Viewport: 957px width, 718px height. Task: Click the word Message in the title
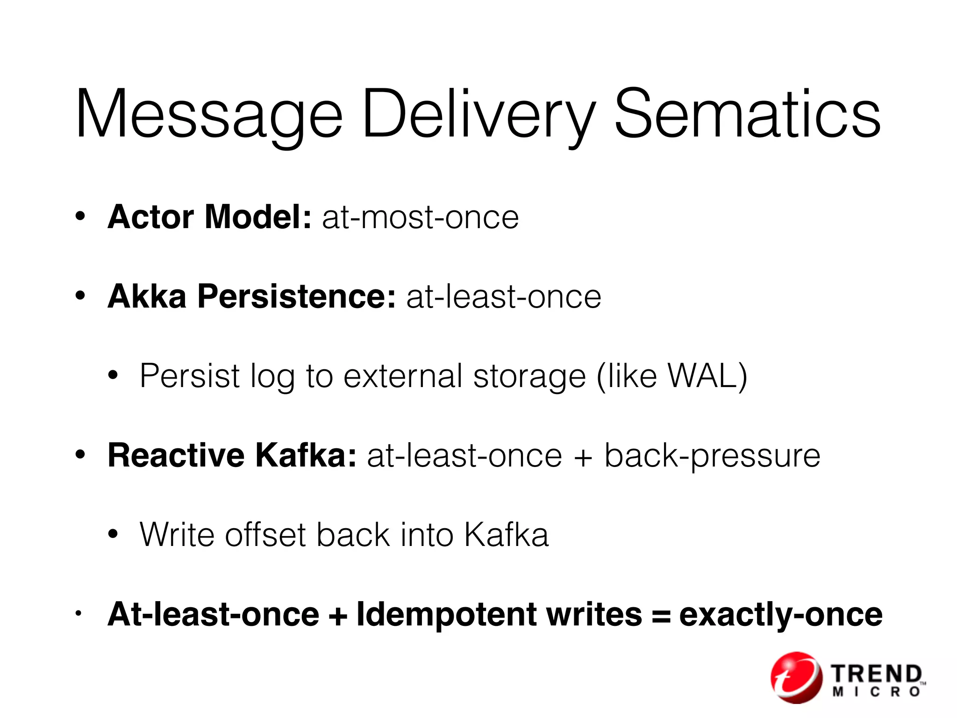[209, 115]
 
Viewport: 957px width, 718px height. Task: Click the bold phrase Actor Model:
[209, 217]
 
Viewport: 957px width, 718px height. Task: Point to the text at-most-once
[420, 217]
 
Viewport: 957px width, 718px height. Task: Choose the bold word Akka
[147, 296]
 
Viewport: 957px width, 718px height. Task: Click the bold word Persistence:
[297, 296]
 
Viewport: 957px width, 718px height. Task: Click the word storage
[529, 377]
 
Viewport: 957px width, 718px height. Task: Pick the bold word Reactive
[176, 455]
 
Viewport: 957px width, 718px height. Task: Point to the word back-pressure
[712, 456]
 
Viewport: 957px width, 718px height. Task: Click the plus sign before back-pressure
[583, 456]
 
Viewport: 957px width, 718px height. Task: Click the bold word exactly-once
[780, 615]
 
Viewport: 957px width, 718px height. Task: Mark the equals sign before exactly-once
[661, 615]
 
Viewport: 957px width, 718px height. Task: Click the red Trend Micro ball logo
[796, 677]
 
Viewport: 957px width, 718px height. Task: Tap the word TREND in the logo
[876, 675]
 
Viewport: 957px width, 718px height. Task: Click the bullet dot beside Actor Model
[80, 217]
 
